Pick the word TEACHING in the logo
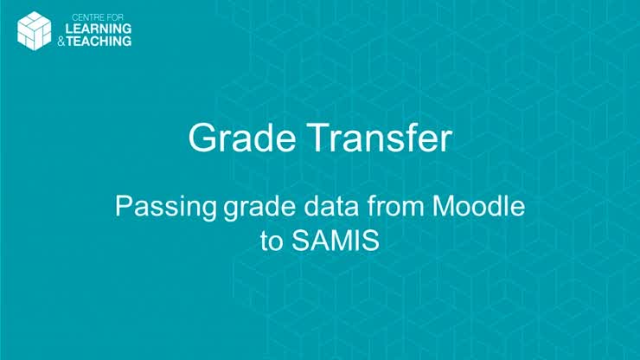(104, 40)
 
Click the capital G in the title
(202, 138)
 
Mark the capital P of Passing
(123, 208)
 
